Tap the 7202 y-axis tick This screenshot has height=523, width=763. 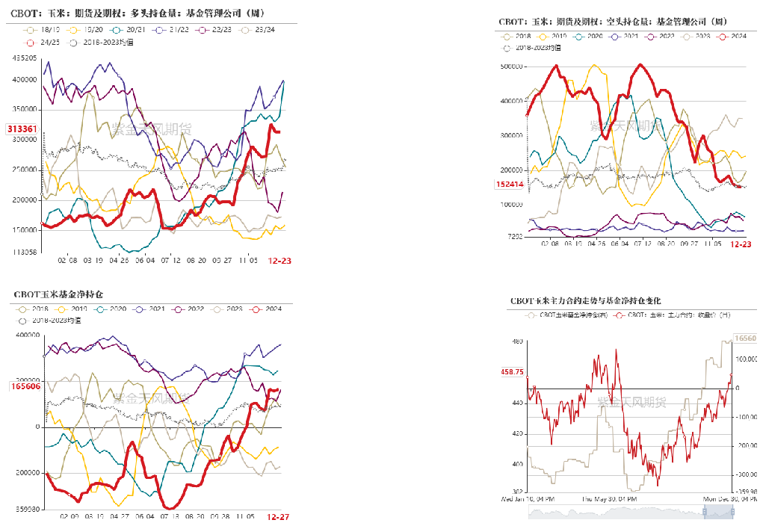click(x=515, y=237)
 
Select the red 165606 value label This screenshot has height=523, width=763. click(x=25, y=386)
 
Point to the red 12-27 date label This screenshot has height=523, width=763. click(x=278, y=516)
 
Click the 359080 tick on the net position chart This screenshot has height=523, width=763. click(x=27, y=510)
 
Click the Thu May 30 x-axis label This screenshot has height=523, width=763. click(x=610, y=498)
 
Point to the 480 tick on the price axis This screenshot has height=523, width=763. click(x=517, y=341)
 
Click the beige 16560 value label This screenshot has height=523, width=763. click(x=748, y=338)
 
